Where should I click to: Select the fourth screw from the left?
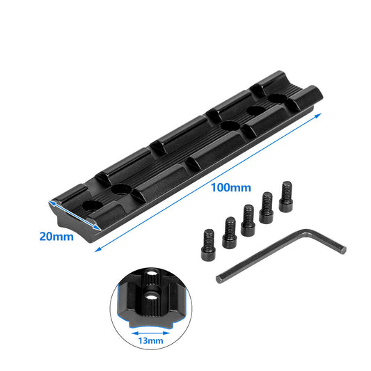coord(266,208)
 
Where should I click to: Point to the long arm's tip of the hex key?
coord(221,278)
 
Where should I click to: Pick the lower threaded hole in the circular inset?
coord(150,300)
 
